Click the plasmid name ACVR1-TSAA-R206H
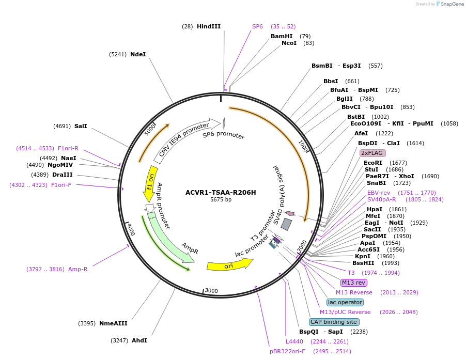(x=221, y=192)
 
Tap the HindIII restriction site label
(x=208, y=26)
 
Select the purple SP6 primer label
(x=257, y=26)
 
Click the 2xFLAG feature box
(x=372, y=153)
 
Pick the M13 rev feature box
(x=353, y=283)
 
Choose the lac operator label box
(x=345, y=302)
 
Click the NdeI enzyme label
(x=138, y=54)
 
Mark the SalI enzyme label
(x=81, y=126)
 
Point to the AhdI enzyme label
(x=139, y=340)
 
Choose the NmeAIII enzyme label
(x=113, y=323)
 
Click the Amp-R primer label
(x=77, y=269)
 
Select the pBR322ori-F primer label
(x=287, y=351)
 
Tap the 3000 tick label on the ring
(x=212, y=291)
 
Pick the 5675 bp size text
(x=221, y=200)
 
